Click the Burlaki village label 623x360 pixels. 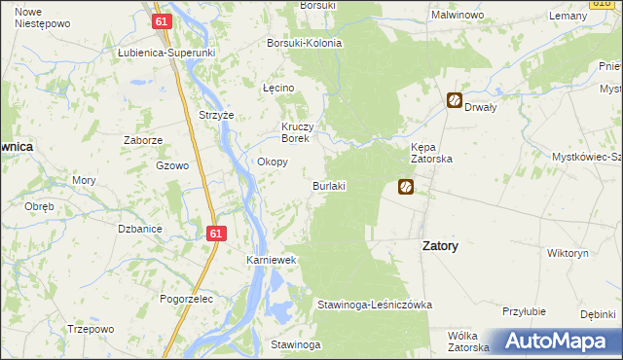point(329,185)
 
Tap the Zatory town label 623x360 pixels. point(440,246)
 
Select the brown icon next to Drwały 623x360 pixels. point(455,99)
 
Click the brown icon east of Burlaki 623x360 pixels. point(406,187)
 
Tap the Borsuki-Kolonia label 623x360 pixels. point(305,44)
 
